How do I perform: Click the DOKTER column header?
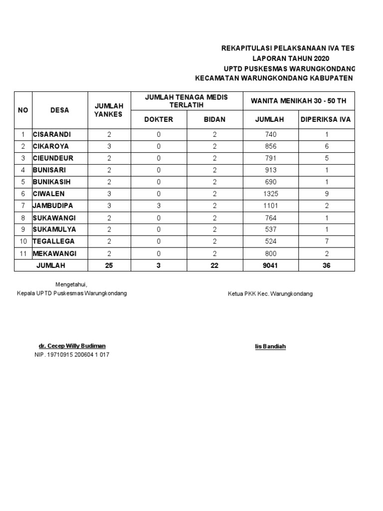(x=159, y=119)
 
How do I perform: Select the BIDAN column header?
(x=214, y=119)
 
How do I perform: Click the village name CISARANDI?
(x=51, y=135)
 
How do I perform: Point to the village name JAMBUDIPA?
(x=52, y=206)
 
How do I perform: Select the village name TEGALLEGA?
(x=53, y=242)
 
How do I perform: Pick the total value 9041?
(x=270, y=265)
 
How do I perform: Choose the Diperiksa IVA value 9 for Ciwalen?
(x=326, y=194)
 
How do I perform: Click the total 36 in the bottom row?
(x=326, y=265)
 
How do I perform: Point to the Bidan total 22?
(x=214, y=265)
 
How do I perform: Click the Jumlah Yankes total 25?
(x=109, y=265)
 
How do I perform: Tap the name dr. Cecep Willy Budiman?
(x=72, y=346)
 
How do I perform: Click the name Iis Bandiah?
(x=270, y=346)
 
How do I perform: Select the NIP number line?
(x=72, y=355)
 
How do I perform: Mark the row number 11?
(x=23, y=254)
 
